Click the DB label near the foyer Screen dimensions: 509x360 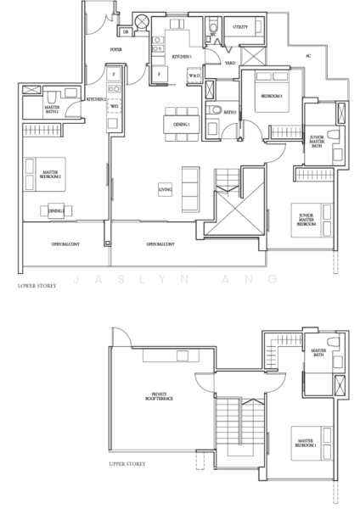pyautogui.click(x=126, y=31)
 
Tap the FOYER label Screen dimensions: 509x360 pyautogui.click(x=116, y=50)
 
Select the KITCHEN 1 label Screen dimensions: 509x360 pyautogui.click(x=182, y=55)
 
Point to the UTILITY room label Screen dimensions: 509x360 pyautogui.click(x=241, y=27)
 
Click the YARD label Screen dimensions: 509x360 pyautogui.click(x=229, y=63)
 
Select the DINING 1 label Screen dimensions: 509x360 pyautogui.click(x=180, y=125)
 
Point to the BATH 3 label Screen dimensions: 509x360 pyautogui.click(x=229, y=112)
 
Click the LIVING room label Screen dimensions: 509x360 pyautogui.click(x=165, y=188)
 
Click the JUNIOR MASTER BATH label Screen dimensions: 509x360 pyautogui.click(x=317, y=141)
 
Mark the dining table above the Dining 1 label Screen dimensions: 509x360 pyautogui.click(x=179, y=110)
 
